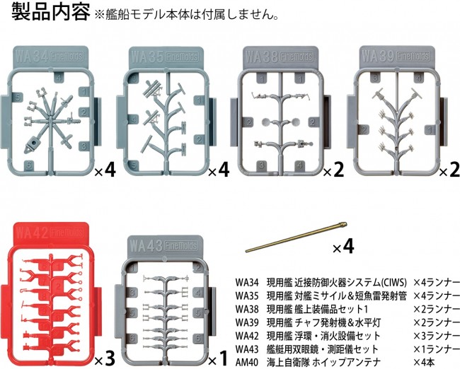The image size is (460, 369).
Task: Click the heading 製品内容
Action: tap(50, 12)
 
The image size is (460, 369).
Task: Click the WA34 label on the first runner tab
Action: tap(32, 57)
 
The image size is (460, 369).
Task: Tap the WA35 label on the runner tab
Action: tap(147, 57)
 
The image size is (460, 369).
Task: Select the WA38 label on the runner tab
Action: tap(261, 57)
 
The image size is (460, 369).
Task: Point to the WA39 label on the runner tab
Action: tap(378, 56)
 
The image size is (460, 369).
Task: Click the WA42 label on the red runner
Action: tap(32, 233)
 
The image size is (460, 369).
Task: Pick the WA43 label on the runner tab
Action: tap(146, 245)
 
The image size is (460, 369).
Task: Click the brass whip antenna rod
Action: tap(297, 238)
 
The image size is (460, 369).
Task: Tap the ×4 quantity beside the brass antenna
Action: tap(343, 247)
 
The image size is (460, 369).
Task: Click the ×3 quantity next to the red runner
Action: tap(105, 358)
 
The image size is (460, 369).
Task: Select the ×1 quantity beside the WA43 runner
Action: tap(218, 358)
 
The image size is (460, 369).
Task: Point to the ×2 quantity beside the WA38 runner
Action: tap(333, 170)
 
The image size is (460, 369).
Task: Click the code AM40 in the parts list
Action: tap(247, 363)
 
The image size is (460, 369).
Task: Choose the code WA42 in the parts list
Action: tap(247, 336)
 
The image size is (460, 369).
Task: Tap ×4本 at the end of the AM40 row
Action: tap(424, 363)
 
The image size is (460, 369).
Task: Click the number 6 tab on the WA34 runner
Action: tap(28, 165)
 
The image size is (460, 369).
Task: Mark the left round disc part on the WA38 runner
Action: tap(267, 122)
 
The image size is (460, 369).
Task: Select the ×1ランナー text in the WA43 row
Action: tap(437, 349)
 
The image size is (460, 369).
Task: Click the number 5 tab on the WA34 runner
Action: tap(18, 98)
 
